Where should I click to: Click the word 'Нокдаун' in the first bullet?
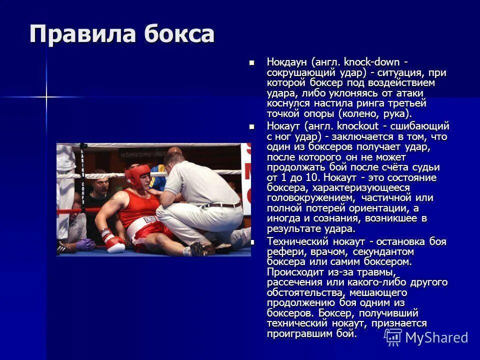coord(287,62)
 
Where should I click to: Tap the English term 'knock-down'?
coord(371,62)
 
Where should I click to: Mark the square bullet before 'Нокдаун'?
coord(252,62)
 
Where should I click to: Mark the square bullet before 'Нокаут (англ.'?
coord(252,126)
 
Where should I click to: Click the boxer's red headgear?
coord(137,176)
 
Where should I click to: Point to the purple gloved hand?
coord(84,244)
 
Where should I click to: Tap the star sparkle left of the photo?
coord(46,96)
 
